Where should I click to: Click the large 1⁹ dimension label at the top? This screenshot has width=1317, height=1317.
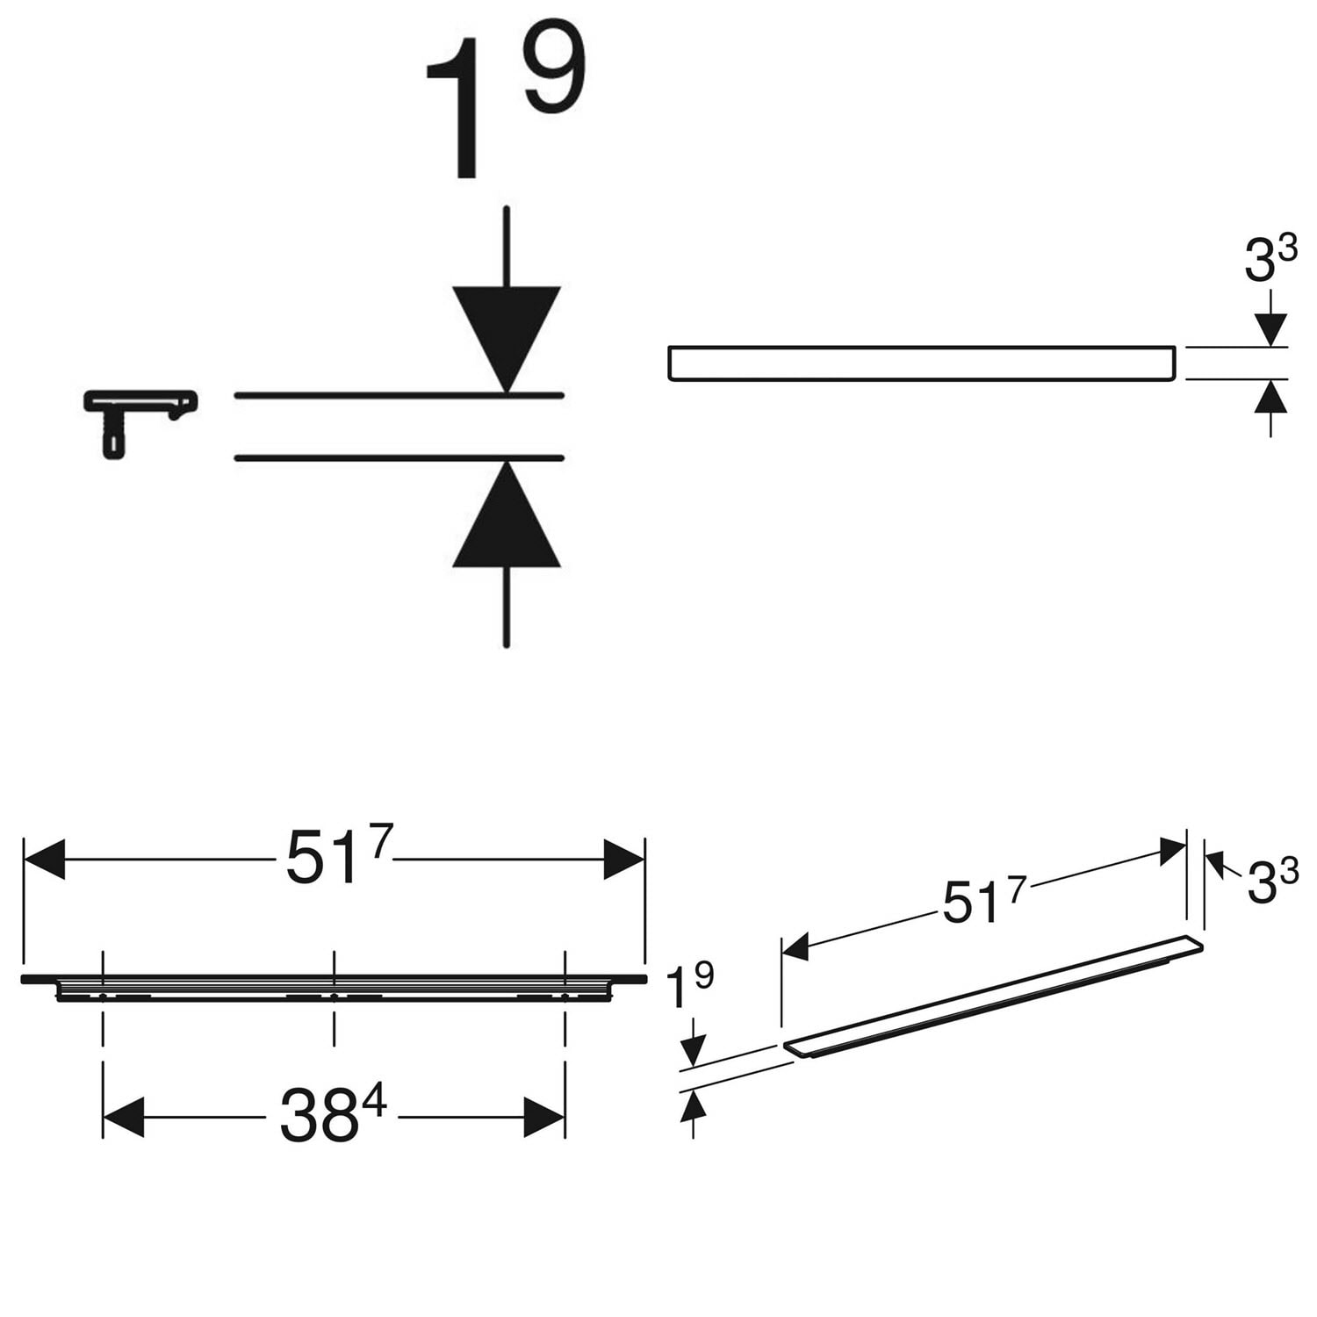505,105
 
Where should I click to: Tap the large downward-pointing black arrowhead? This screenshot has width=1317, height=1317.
507,339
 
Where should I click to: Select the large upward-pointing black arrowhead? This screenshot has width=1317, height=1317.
507,514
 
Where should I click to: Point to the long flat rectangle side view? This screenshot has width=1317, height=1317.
921,363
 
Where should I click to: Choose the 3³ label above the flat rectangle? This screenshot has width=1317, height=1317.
1270,260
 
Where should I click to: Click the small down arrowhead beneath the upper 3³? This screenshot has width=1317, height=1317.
1270,330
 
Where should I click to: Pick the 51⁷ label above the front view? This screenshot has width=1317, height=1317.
339,855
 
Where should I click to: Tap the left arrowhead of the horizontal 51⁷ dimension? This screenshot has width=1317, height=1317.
44,859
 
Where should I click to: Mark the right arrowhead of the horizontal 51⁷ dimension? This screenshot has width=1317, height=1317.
624,859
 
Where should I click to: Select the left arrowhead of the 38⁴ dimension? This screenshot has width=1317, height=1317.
123,1118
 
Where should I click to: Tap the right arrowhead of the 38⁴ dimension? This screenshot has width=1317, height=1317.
544,1118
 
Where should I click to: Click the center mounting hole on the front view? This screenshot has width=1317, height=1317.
334,997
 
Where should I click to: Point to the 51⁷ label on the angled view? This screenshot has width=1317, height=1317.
983,899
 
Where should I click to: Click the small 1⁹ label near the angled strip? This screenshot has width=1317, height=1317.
690,987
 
